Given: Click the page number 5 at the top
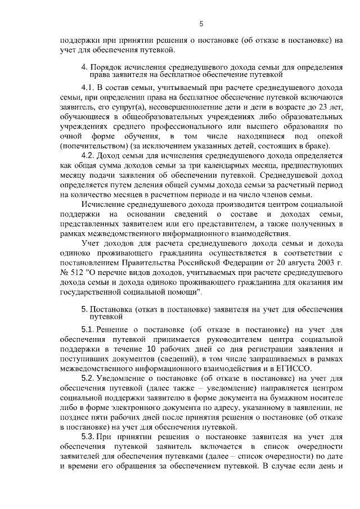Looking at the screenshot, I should click(201, 23).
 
